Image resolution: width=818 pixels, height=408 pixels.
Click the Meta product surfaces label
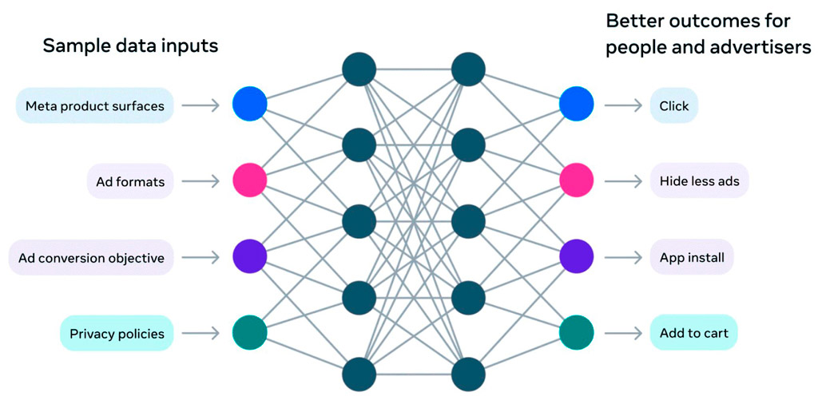click(x=94, y=105)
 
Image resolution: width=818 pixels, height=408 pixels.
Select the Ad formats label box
click(x=129, y=181)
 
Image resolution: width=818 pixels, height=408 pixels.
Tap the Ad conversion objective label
click(x=91, y=258)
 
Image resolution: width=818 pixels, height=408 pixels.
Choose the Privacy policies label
click(x=117, y=333)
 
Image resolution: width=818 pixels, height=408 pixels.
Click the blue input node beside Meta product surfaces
click(x=249, y=104)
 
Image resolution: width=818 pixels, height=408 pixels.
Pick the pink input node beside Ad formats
click(x=249, y=180)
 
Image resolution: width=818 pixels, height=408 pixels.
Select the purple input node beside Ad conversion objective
click(x=249, y=257)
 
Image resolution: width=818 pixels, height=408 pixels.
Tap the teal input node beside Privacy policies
click(x=249, y=333)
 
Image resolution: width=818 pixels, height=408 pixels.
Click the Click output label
click(x=673, y=105)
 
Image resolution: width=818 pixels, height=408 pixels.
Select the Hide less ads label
click(x=699, y=181)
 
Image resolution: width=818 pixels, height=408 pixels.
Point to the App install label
click(x=691, y=258)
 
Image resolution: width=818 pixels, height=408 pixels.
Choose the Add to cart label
click(x=693, y=333)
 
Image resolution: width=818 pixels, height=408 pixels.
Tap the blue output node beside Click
click(x=576, y=104)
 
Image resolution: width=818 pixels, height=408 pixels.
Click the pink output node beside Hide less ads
click(x=576, y=180)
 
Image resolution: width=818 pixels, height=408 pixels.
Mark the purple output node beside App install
click(x=576, y=257)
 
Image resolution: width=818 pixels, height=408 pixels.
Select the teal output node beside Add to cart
click(x=576, y=333)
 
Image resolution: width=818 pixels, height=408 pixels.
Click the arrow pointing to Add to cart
click(x=623, y=333)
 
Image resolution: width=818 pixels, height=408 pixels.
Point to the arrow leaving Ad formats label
click(x=201, y=181)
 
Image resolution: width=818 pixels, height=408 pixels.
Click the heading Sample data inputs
click(x=130, y=46)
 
